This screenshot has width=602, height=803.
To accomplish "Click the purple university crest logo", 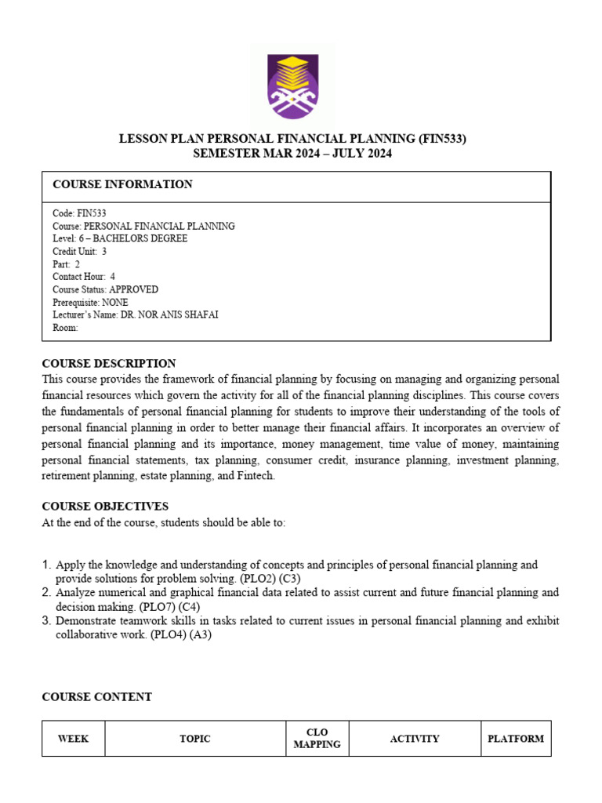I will pyautogui.click(x=293, y=85).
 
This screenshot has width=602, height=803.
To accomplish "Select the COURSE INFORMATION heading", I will pyautogui.click(x=122, y=184).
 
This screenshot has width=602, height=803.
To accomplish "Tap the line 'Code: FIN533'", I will pyautogui.click(x=79, y=213).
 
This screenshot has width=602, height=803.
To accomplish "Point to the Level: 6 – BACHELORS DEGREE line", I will pyautogui.click(x=119, y=238).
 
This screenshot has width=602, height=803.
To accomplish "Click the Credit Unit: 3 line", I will pyautogui.click(x=79, y=252).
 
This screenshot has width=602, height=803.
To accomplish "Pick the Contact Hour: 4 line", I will pyautogui.click(x=83, y=277).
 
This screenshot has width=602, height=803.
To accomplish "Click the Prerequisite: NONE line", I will pyautogui.click(x=90, y=302).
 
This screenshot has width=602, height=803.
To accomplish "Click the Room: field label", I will pyautogui.click(x=65, y=328).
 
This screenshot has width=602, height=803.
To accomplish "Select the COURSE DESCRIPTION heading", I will pyautogui.click(x=109, y=364).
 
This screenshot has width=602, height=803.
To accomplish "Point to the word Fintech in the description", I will pyautogui.click(x=255, y=476).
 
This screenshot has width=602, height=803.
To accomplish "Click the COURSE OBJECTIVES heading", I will pyautogui.click(x=105, y=507).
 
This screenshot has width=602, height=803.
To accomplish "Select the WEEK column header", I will pyautogui.click(x=73, y=739).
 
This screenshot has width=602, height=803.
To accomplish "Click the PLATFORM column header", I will pyautogui.click(x=516, y=739).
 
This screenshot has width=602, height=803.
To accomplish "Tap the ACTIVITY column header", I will pyautogui.click(x=415, y=739).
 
